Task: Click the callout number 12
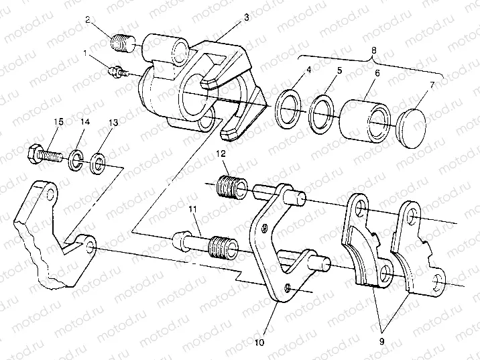point(219,156)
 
